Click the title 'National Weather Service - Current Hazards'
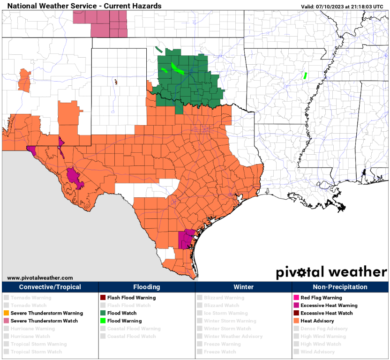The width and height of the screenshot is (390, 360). click(84, 6)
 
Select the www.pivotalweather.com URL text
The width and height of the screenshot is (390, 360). click(40, 278)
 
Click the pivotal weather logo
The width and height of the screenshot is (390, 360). click(331, 272)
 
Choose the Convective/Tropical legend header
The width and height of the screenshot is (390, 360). click(50, 287)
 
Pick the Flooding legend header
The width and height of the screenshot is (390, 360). click(147, 287)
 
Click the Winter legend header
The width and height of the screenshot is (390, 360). click(243, 287)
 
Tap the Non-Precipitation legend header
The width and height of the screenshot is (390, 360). click(340, 287)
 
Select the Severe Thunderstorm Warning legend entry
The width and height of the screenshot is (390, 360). click(46, 313)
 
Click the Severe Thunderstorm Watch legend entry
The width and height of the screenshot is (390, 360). click(44, 321)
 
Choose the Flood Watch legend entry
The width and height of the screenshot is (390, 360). click(121, 313)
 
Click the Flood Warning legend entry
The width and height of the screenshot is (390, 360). click(124, 321)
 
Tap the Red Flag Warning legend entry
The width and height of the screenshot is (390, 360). click(321, 298)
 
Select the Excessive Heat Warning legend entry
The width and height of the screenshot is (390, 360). click(329, 305)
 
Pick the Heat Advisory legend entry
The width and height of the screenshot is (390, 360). click(317, 321)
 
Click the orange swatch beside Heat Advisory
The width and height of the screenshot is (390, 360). click(295, 321)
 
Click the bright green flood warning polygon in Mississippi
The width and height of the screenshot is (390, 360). click(304, 75)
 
